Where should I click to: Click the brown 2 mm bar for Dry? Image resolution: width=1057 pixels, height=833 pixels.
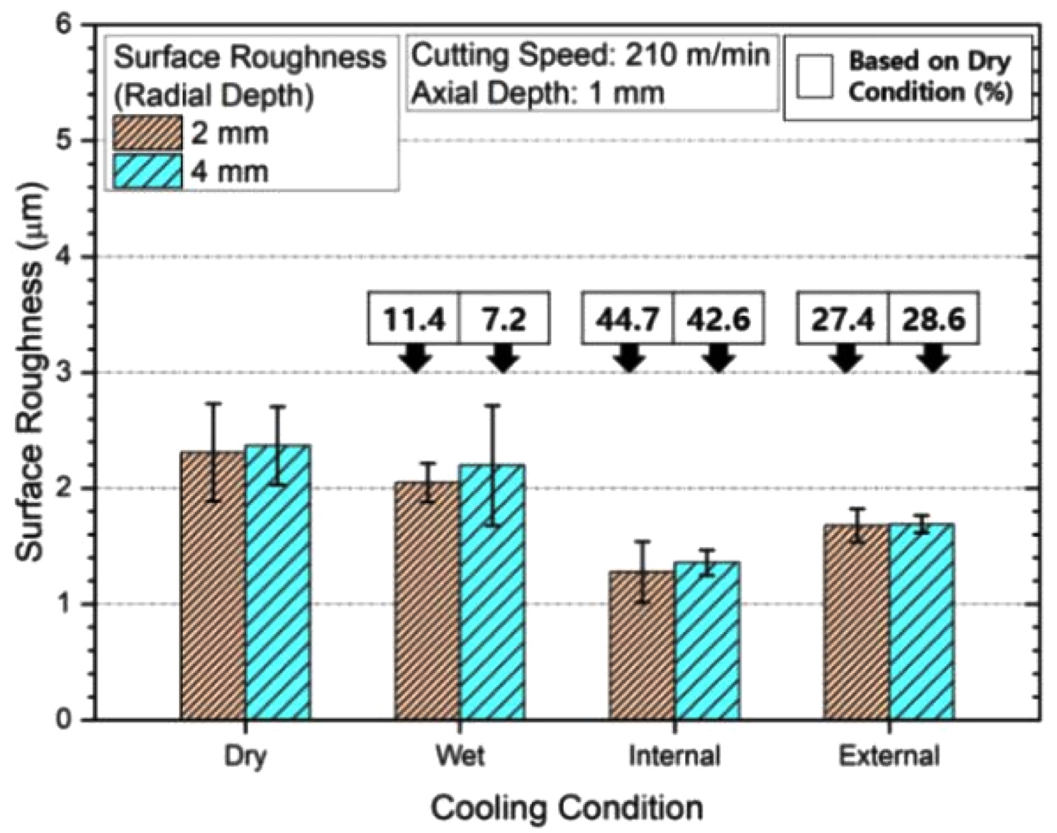pyautogui.click(x=213, y=585)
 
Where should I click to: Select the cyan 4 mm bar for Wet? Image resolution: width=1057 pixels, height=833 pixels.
pyautogui.click(x=492, y=592)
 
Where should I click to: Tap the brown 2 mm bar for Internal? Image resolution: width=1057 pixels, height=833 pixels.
pyautogui.click(x=641, y=645)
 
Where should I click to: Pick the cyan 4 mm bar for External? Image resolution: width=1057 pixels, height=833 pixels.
pyautogui.click(x=922, y=621)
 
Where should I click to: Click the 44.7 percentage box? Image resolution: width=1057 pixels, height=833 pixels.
pyautogui.click(x=627, y=319)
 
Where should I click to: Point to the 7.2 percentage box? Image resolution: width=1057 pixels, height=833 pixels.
pyautogui.click(x=504, y=319)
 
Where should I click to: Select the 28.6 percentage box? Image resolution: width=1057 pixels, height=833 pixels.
pyautogui.click(x=933, y=319)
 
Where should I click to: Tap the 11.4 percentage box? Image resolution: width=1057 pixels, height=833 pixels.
pyautogui.click(x=414, y=319)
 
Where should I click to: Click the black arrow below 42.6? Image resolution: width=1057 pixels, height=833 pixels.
pyautogui.click(x=718, y=358)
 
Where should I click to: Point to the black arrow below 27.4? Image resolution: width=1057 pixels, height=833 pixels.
pyautogui.click(x=845, y=358)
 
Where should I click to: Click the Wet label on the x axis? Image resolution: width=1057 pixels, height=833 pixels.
pyautogui.click(x=460, y=755)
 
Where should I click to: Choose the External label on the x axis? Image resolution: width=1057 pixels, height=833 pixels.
pyautogui.click(x=889, y=755)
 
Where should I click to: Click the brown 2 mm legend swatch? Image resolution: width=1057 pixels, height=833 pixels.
pyautogui.click(x=147, y=133)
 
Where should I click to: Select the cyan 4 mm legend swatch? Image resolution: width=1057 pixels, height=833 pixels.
pyautogui.click(x=147, y=171)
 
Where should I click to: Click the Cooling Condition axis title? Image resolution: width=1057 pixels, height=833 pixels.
pyautogui.click(x=567, y=807)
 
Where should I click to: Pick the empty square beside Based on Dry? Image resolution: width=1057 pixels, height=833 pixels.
pyautogui.click(x=815, y=76)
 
